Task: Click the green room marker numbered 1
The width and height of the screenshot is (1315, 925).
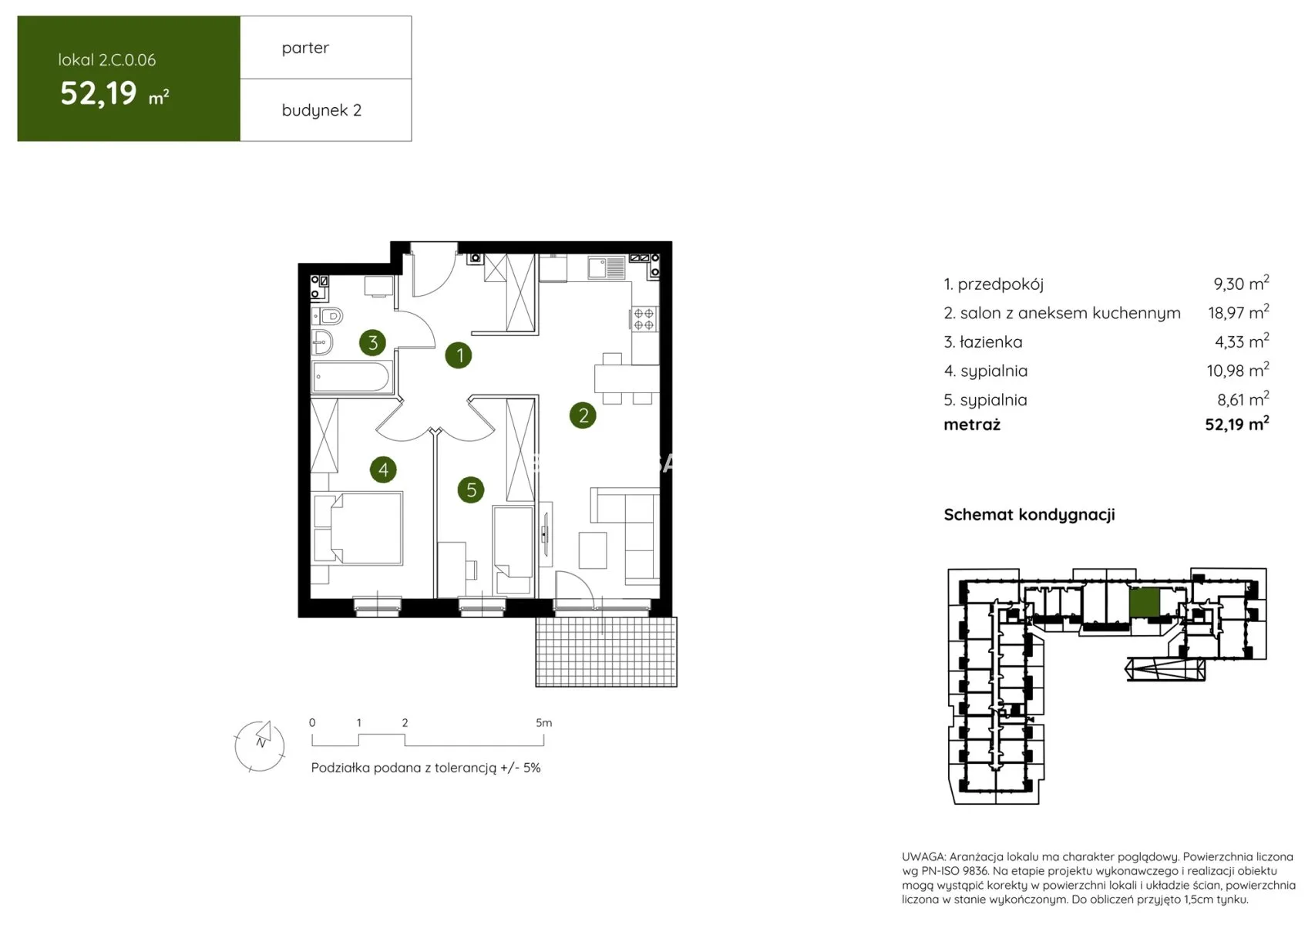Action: coord(459,355)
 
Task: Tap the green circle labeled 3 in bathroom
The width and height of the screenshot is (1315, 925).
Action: coord(373,342)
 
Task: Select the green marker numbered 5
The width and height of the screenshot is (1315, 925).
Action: coord(471,489)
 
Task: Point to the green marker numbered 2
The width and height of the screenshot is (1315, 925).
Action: coord(583,415)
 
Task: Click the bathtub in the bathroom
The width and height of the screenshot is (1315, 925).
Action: coord(351,376)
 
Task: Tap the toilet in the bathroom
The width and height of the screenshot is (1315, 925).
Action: coord(328,316)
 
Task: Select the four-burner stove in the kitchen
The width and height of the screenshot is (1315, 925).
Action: coord(644,320)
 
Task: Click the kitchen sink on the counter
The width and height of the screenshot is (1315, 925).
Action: coord(607,267)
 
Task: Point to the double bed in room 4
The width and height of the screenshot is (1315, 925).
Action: coord(358,529)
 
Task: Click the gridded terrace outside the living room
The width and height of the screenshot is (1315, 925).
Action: coord(607,651)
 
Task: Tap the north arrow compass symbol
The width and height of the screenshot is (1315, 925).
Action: coord(260,745)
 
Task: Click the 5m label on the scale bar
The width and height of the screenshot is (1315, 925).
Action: coord(543,722)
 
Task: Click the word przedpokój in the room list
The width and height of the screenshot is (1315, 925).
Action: coord(1001,284)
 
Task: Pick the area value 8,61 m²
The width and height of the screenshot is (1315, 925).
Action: coord(1243,399)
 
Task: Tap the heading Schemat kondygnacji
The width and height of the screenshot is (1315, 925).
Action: coord(1029,515)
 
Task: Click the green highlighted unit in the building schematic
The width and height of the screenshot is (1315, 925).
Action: coord(1144,603)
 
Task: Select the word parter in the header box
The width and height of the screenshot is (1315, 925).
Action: coord(305,48)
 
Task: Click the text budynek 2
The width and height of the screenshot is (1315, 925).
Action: coord(321,110)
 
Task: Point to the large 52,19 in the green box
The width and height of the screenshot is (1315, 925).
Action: coord(99,92)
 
